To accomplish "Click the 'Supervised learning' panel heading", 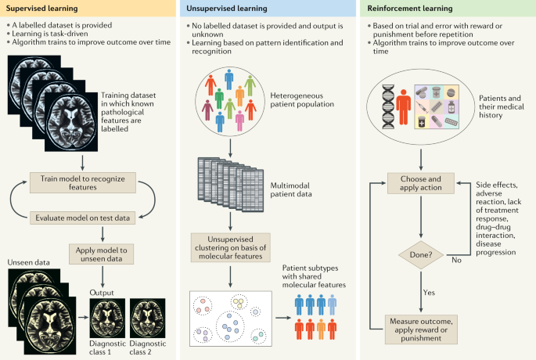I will click(44, 9).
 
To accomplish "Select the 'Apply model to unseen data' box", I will click(106, 254).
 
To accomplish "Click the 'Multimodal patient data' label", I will click(289, 190).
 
